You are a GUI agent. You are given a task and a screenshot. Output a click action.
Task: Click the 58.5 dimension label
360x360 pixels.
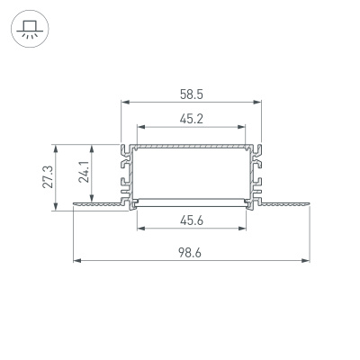(191, 92)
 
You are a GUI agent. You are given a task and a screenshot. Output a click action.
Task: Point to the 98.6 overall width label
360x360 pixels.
(191, 253)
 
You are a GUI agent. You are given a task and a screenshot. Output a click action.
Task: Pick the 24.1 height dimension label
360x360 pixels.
(84, 171)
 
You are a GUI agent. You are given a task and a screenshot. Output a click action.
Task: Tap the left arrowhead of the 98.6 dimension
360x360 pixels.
(75, 261)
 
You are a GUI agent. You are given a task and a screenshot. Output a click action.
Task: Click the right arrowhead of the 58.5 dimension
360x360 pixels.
(258, 102)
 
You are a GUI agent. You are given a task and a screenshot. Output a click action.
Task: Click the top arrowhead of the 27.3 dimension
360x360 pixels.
(57, 146)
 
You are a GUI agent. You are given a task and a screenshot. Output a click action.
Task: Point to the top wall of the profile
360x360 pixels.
(191, 145)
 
